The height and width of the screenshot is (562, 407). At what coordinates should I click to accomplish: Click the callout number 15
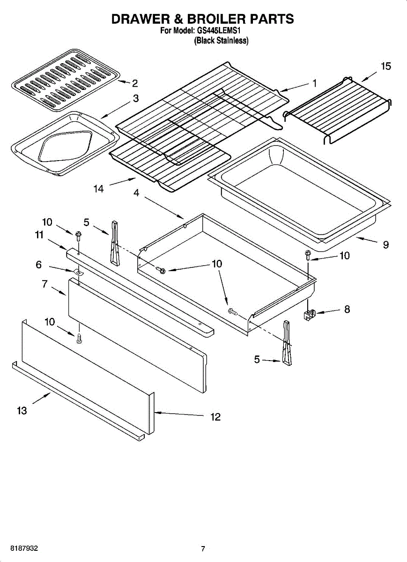(385, 66)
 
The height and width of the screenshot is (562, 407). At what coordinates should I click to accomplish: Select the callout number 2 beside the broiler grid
(135, 83)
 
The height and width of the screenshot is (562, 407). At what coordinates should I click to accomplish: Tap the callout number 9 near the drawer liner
(385, 244)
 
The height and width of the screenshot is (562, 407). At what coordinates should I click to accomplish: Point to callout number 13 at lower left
(22, 411)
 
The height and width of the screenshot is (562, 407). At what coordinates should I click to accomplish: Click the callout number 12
(215, 417)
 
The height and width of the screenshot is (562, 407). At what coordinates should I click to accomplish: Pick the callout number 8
(347, 309)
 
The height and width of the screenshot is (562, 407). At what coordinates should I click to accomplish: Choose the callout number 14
(98, 189)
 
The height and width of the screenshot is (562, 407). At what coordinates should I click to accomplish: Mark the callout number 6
(38, 265)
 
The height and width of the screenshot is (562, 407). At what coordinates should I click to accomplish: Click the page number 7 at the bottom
(203, 549)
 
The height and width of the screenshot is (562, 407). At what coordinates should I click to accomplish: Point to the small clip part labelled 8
(308, 316)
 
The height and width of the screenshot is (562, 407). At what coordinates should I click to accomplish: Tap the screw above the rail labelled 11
(78, 234)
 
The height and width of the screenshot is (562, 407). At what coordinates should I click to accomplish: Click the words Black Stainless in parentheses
(221, 41)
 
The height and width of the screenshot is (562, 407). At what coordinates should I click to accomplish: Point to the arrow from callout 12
(178, 414)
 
